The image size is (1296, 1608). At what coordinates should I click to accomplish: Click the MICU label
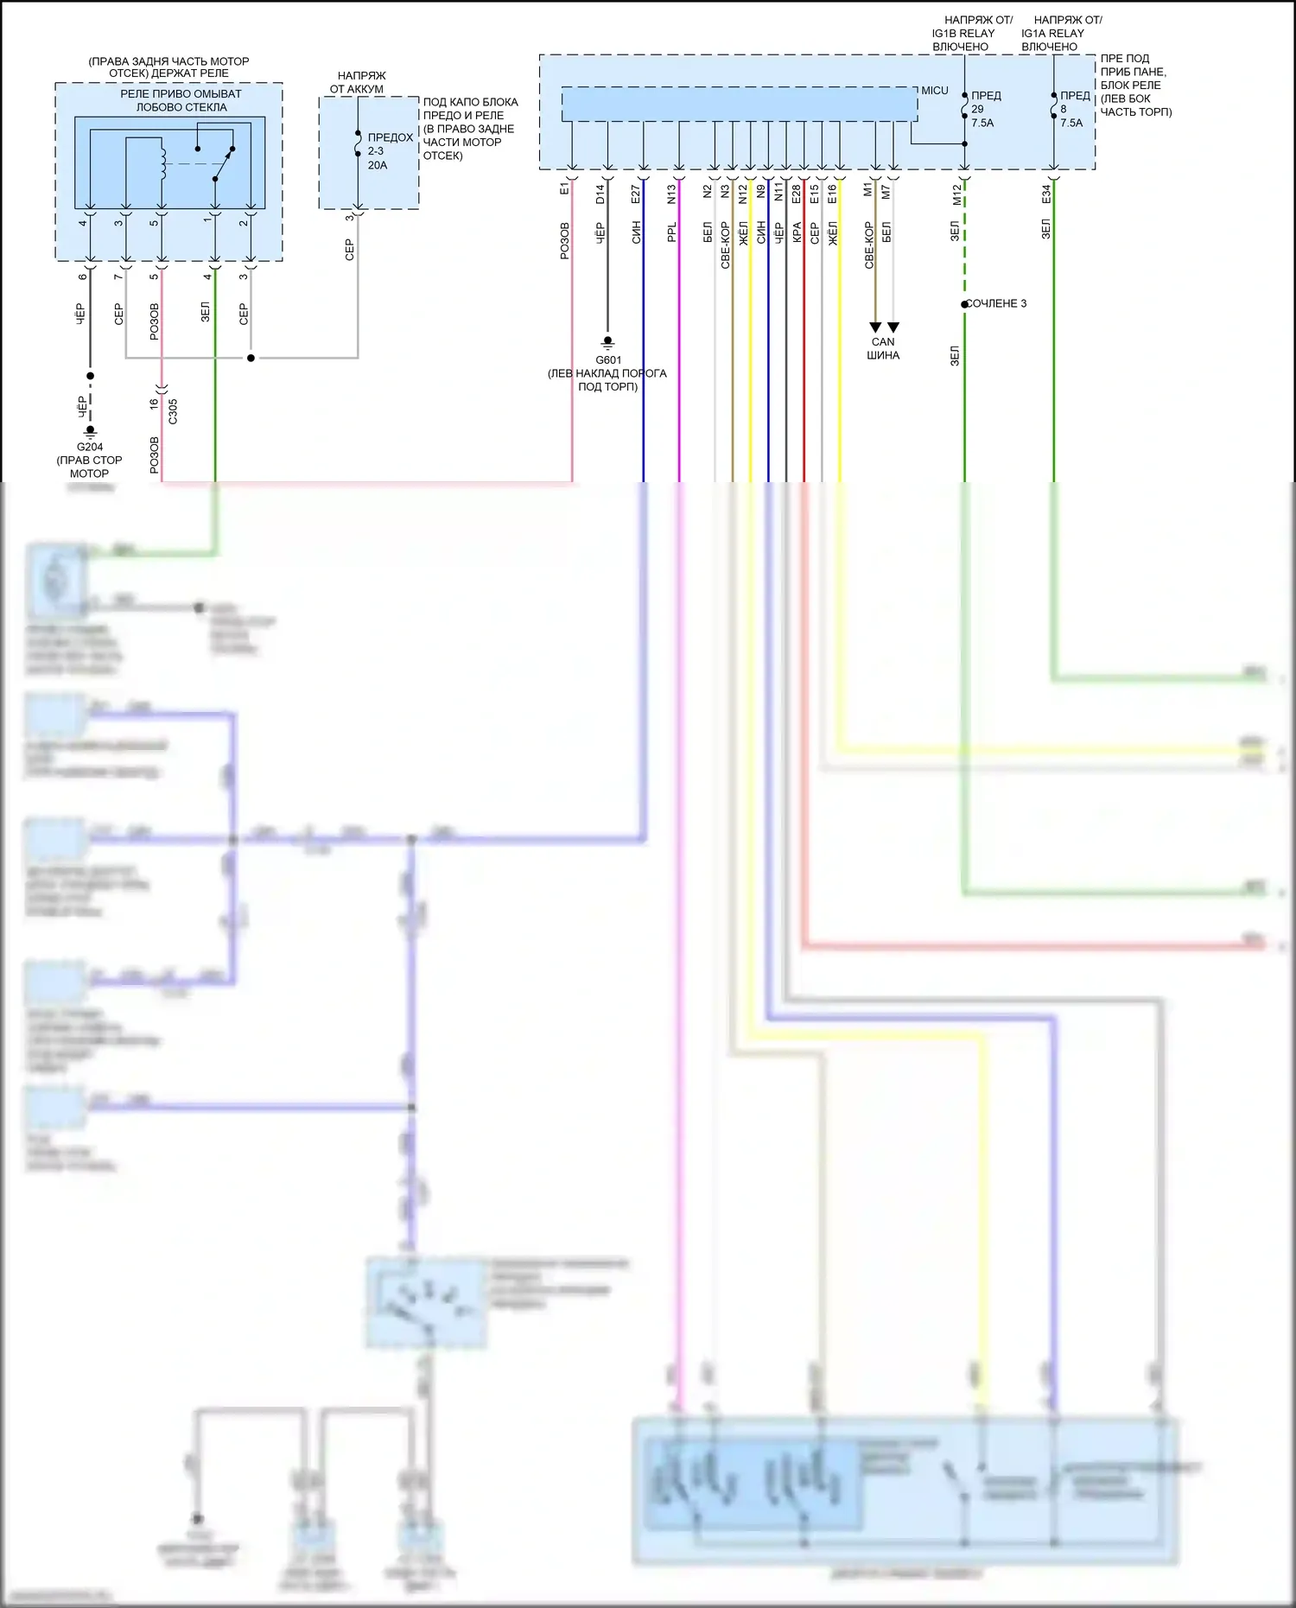click(x=934, y=91)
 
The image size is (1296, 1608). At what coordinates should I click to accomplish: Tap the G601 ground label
click(x=608, y=360)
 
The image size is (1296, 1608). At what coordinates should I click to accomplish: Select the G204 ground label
click(x=90, y=447)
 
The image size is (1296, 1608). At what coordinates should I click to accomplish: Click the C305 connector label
click(x=173, y=410)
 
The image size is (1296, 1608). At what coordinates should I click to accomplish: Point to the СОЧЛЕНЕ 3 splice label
click(x=996, y=303)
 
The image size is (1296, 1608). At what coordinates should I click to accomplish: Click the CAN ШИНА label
click(x=883, y=348)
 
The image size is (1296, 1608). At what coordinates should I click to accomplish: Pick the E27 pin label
click(x=636, y=194)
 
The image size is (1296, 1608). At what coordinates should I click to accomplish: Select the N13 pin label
click(x=671, y=194)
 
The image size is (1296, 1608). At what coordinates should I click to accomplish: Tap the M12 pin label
click(x=956, y=194)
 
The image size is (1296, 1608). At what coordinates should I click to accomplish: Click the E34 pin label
click(x=1045, y=194)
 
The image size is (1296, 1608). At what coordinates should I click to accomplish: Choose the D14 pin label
click(x=600, y=194)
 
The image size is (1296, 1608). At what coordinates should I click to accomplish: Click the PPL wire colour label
click(x=671, y=232)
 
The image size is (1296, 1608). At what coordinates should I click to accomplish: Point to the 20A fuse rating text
click(x=378, y=165)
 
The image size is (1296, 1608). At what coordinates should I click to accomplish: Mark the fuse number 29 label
click(x=977, y=110)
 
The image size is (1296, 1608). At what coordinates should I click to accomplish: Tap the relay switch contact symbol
click(x=224, y=163)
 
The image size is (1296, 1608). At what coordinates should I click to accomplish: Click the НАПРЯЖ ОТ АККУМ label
click(x=358, y=82)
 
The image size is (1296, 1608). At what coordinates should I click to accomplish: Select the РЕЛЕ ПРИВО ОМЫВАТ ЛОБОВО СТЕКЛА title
click(x=181, y=100)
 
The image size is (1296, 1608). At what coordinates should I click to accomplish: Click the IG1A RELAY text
click(x=1052, y=33)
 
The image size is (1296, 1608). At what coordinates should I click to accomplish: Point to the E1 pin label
click(x=564, y=187)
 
